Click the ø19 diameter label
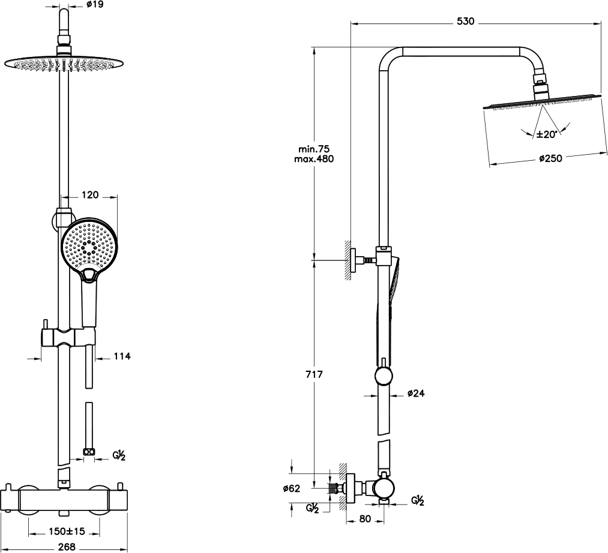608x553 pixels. (95, 5)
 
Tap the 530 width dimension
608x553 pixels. (465, 22)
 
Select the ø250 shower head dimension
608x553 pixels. (550, 158)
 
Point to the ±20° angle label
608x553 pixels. (547, 134)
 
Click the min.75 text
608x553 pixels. (314, 148)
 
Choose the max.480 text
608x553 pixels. (314, 158)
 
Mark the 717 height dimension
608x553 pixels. (314, 374)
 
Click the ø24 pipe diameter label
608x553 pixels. (416, 393)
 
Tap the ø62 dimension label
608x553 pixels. (292, 488)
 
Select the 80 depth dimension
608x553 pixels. (365, 518)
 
